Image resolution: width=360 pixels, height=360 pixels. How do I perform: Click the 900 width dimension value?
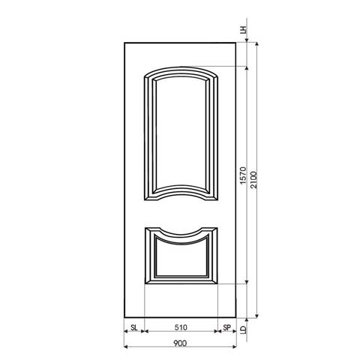[180, 343]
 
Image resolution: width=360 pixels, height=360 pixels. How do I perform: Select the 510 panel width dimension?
[180, 328]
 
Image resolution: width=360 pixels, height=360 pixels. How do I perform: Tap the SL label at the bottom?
[133, 328]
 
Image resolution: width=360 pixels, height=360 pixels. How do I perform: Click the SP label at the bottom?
[227, 328]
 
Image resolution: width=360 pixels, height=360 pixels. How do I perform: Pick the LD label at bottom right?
[244, 328]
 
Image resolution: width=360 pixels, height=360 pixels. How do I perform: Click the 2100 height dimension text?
[255, 178]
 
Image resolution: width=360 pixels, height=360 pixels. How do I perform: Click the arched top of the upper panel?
[180, 68]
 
